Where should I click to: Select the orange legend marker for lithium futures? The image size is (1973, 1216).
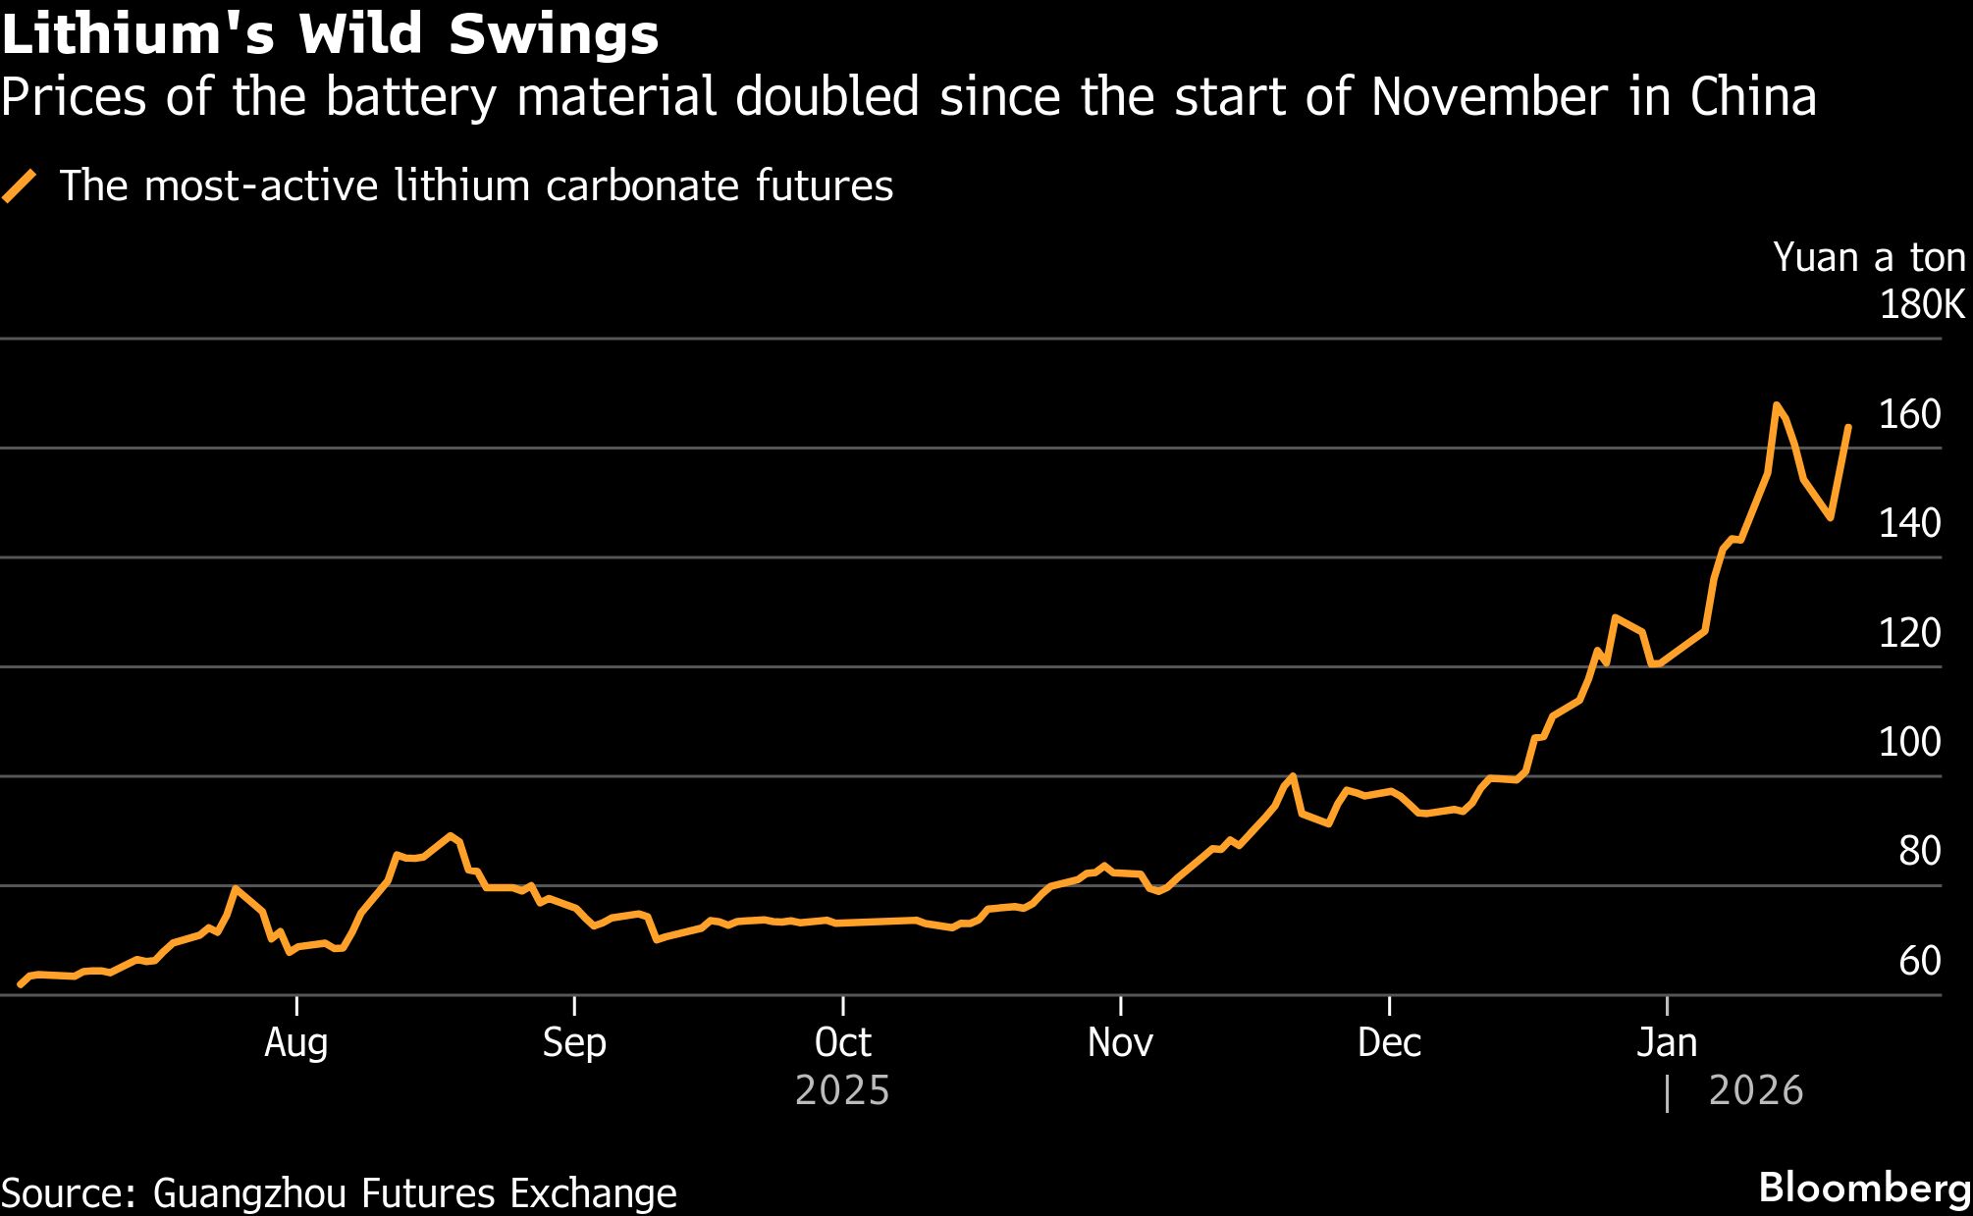tap(20, 185)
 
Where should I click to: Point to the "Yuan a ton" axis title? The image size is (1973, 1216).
tap(1869, 258)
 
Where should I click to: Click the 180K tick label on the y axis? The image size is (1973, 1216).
tap(1922, 305)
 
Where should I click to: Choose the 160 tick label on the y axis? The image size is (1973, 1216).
tap(1909, 415)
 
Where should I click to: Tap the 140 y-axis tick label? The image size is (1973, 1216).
tap(1909, 524)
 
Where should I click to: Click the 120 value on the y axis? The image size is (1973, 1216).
tap(1909, 634)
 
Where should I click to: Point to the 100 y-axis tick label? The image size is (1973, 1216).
tap(1909, 743)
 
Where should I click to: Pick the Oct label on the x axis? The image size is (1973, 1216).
tap(843, 1043)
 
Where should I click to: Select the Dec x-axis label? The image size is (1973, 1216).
tap(1389, 1043)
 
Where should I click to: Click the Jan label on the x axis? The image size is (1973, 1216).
tap(1667, 1043)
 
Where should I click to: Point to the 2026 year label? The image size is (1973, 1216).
tap(1756, 1091)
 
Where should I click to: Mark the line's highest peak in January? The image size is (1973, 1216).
tap(1776, 403)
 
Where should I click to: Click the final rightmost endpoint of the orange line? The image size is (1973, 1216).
tap(1848, 427)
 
